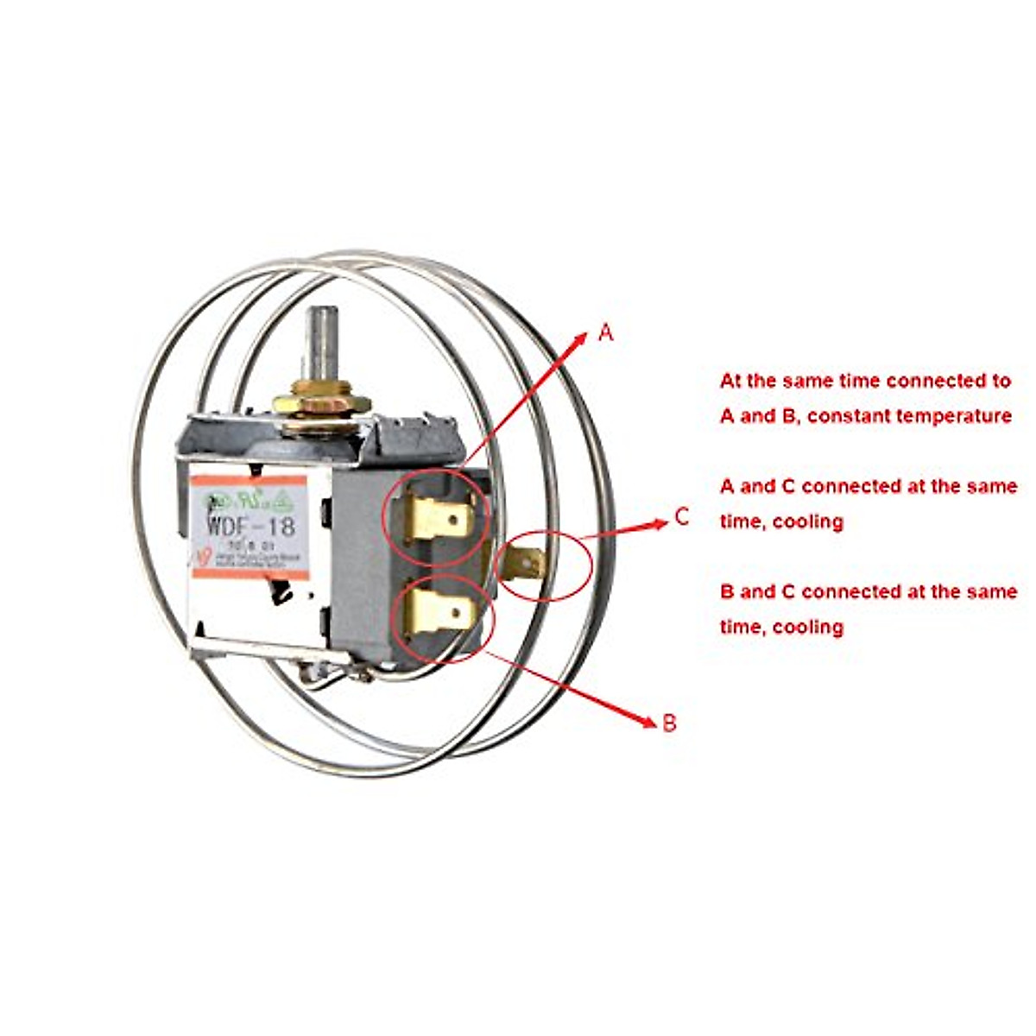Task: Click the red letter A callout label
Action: coord(606,332)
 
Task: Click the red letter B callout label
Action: coord(669,723)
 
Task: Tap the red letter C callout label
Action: coord(682,517)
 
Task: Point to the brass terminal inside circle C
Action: coord(527,564)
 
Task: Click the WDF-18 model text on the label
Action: coord(250,524)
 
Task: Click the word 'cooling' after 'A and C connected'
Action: coord(807,521)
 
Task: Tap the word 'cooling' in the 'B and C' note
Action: coord(807,627)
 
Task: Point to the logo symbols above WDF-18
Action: coord(246,499)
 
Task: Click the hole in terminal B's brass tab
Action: coord(457,614)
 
